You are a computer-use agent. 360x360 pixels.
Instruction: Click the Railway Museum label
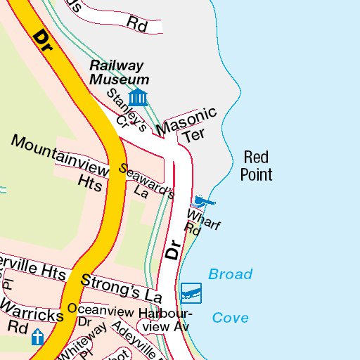120,72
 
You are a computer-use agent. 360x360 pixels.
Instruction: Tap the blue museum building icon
138,97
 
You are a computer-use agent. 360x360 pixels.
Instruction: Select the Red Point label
256,165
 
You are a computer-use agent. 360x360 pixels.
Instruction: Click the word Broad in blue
230,274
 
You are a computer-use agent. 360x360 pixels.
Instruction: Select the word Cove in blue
230,318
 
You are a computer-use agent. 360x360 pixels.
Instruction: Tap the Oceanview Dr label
98,315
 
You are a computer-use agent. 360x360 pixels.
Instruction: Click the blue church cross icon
37,339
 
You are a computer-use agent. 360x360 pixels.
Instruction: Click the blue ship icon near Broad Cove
191,290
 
